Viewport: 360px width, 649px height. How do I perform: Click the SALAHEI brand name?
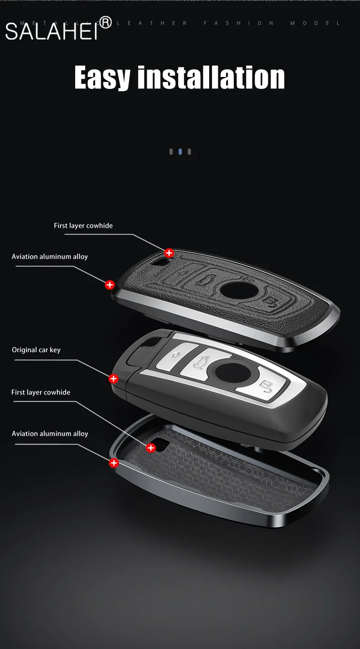coord(51,31)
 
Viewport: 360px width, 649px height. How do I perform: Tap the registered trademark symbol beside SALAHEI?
coord(105,22)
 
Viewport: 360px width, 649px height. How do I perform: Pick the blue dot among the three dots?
coord(180,152)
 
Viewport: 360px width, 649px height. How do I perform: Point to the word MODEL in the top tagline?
coord(315,23)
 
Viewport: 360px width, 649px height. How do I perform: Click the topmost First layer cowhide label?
coord(83,225)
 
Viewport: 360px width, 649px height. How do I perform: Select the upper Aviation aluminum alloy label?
coord(50,256)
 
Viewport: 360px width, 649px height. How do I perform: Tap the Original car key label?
coord(36,350)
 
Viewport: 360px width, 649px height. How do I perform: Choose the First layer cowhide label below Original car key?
coord(41,392)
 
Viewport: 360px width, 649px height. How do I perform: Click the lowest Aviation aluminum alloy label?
coord(50,434)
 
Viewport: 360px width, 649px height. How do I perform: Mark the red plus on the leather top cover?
coord(169,253)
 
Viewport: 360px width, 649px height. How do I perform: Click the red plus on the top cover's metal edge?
coord(110,285)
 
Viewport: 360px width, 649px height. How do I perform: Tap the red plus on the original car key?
coord(113,378)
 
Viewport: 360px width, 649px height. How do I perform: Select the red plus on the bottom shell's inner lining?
coord(151,448)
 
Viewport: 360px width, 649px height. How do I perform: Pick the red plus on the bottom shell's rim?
coord(114,463)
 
